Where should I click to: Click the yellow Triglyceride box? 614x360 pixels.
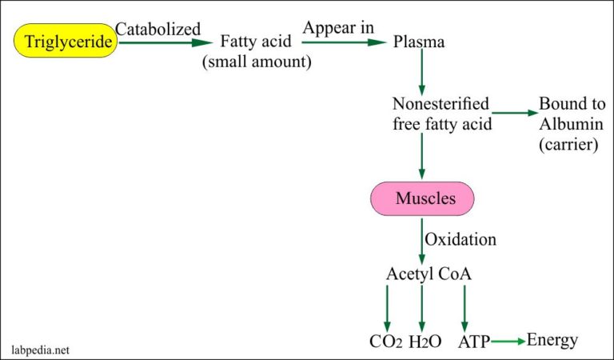coord(65,42)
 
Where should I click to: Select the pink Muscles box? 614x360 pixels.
coord(421,198)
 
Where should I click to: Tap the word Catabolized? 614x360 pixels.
coord(157,30)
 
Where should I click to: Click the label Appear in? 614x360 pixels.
coord(338,29)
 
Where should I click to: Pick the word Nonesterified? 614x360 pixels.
coord(441,104)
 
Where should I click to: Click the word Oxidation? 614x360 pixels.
coord(460,239)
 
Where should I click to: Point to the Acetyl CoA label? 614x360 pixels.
coord(429,274)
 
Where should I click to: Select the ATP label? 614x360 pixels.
coord(475,342)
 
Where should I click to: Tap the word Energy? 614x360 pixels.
coord(552,340)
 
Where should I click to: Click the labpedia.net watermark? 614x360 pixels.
coord(40,349)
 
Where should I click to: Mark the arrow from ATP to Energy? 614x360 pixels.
coord(508,342)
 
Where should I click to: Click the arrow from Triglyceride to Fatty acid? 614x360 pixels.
coord(165,42)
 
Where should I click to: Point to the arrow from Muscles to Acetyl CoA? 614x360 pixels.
coord(421,238)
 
